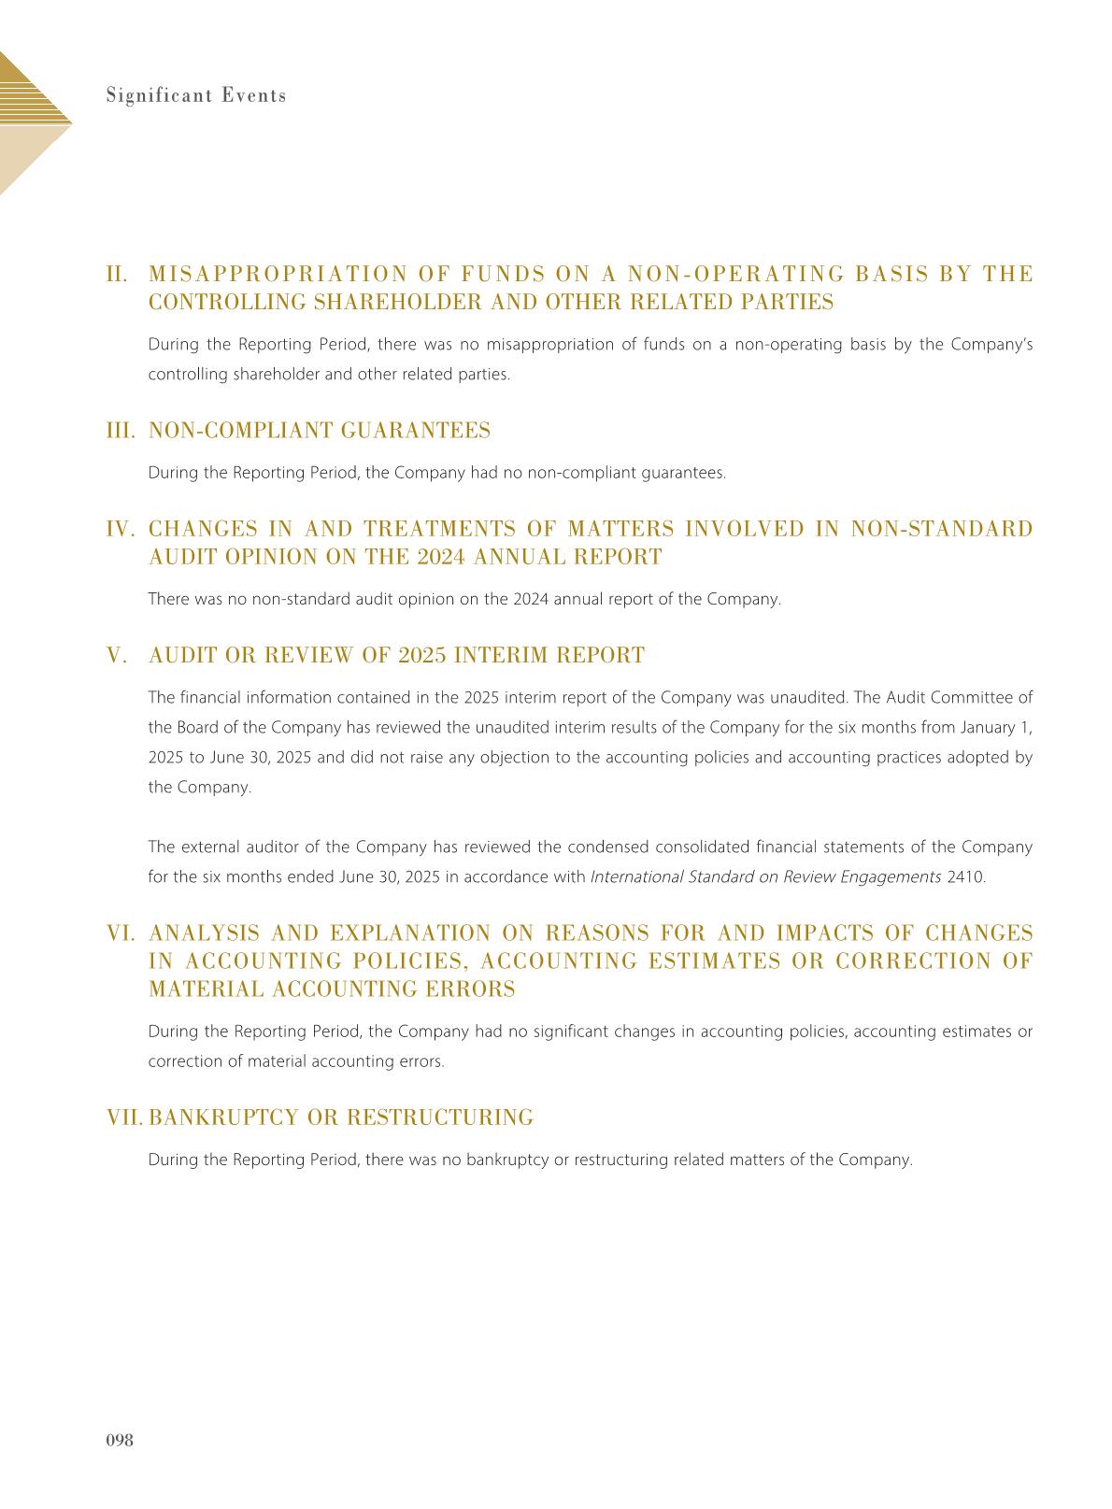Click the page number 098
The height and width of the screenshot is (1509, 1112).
point(120,1440)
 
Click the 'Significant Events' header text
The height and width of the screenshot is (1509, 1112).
point(196,95)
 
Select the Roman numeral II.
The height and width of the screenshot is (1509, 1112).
point(118,274)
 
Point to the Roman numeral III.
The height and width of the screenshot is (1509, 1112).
point(121,431)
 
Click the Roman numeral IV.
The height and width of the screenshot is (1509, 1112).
point(122,529)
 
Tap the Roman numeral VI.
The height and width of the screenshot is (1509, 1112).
point(122,933)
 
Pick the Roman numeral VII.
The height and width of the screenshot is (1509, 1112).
point(125,1118)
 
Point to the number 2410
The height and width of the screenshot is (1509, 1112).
point(966,877)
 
